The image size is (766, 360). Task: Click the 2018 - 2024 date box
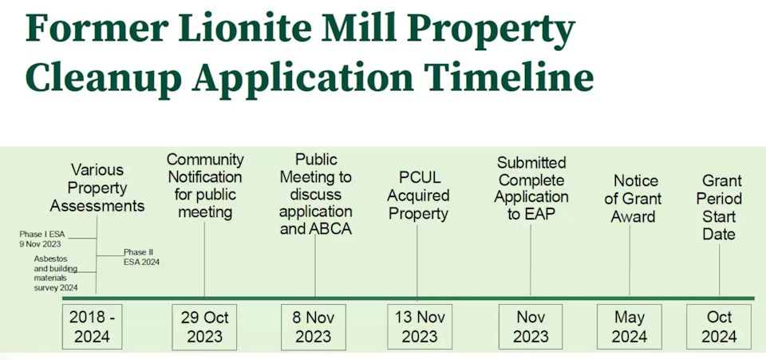(x=92, y=326)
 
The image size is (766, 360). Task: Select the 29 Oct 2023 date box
(x=204, y=326)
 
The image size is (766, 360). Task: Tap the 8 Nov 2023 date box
(x=313, y=326)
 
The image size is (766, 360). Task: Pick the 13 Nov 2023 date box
(x=420, y=326)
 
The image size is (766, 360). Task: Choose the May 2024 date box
(x=630, y=326)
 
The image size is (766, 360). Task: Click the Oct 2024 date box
(x=719, y=326)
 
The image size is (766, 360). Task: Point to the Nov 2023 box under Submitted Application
(x=531, y=326)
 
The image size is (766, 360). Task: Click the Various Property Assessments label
(x=97, y=188)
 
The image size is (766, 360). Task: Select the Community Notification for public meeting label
(x=205, y=186)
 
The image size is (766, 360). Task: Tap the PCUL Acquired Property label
(x=418, y=196)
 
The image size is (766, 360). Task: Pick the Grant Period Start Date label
(x=719, y=207)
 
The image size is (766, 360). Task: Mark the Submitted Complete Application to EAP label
(x=531, y=188)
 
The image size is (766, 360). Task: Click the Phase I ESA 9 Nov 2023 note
(x=41, y=239)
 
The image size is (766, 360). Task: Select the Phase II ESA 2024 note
(x=141, y=257)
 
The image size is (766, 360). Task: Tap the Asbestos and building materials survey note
(x=56, y=273)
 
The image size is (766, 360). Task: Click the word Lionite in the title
(x=245, y=28)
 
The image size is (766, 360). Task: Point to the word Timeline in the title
(x=508, y=77)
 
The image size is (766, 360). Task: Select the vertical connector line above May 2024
(x=630, y=260)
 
